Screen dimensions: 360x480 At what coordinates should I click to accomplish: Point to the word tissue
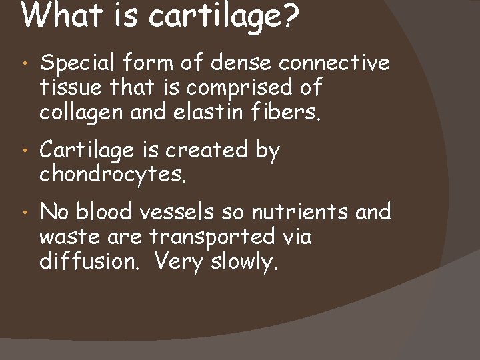tap(67, 88)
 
